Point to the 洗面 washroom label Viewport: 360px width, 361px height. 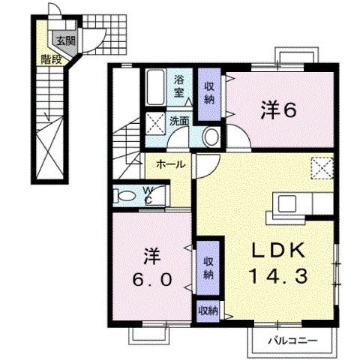pyautogui.click(x=178, y=120)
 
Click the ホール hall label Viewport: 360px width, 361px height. pyautogui.click(x=172, y=164)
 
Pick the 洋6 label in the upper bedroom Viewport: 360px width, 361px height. pyautogui.click(x=279, y=110)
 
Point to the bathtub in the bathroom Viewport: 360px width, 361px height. pyautogui.click(x=156, y=88)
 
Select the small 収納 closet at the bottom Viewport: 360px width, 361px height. pyautogui.click(x=208, y=308)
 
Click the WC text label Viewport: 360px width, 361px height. pyautogui.click(x=148, y=195)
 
